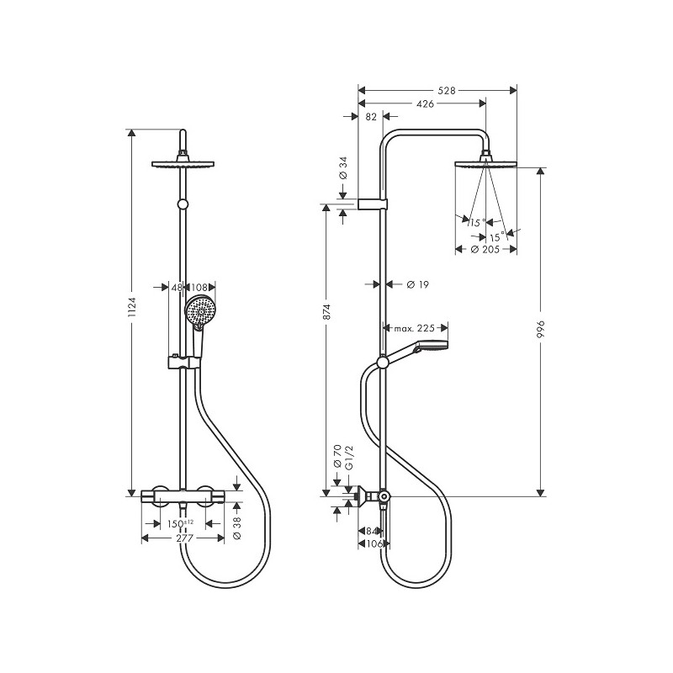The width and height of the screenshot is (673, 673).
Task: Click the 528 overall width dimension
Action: click(x=447, y=91)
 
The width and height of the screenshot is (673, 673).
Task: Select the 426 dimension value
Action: click(x=426, y=103)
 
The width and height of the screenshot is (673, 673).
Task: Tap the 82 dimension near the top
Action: click(x=371, y=117)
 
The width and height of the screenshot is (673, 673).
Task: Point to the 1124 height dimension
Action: click(x=132, y=307)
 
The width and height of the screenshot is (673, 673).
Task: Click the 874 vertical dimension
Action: click(x=326, y=311)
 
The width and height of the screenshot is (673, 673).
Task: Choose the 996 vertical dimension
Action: click(x=541, y=329)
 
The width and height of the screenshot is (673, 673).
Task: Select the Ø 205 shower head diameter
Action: click(x=485, y=249)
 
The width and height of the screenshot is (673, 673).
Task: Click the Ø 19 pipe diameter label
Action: click(x=417, y=284)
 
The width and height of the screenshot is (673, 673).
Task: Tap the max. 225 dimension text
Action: click(x=415, y=328)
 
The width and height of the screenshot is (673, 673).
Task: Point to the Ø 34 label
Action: click(x=343, y=167)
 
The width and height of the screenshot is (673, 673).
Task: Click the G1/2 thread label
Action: click(x=348, y=458)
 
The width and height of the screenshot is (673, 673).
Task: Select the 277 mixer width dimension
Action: click(x=184, y=538)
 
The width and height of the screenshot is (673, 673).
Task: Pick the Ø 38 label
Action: click(x=237, y=528)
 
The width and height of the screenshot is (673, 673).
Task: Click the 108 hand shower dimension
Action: click(x=199, y=287)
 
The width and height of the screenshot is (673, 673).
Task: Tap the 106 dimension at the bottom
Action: click(x=374, y=543)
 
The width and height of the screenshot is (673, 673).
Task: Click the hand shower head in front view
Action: click(x=199, y=311)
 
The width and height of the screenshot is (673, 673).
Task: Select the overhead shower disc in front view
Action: click(x=183, y=164)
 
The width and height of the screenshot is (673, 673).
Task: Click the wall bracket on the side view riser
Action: click(x=373, y=204)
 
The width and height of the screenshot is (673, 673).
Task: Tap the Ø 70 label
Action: click(x=337, y=456)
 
